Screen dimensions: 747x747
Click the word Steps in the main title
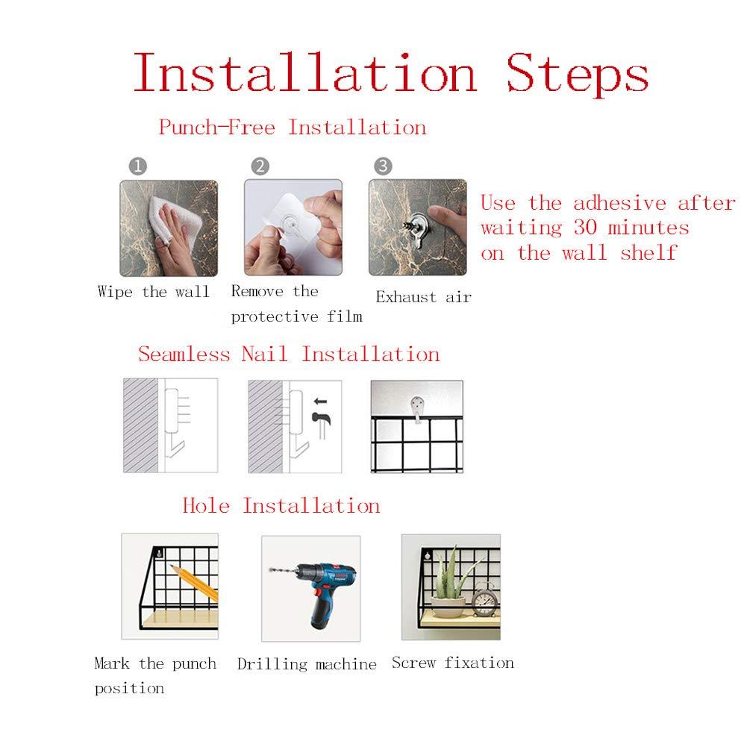click(577, 74)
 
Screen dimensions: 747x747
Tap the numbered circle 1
click(137, 166)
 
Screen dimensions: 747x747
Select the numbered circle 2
click(260, 166)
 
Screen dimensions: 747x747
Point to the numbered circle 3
click(383, 166)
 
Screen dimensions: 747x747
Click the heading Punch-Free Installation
click(293, 128)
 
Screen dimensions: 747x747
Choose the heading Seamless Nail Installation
click(289, 354)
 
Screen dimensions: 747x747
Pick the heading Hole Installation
click(281, 505)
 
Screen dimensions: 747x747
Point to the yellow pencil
click(194, 582)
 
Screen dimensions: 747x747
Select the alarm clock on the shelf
click(486, 600)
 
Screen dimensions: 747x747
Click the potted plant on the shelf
click(448, 585)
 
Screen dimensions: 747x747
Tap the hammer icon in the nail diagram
click(321, 425)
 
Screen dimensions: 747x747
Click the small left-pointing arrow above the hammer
click(321, 401)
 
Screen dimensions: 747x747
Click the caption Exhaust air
click(424, 297)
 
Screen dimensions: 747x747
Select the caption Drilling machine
click(307, 665)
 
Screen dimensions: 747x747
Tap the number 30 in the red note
click(586, 228)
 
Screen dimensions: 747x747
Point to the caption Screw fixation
click(453, 663)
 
